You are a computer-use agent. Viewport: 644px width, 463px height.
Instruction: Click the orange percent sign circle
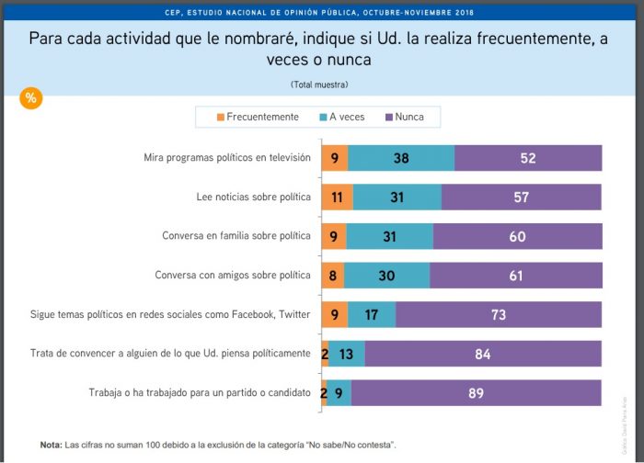point(30,98)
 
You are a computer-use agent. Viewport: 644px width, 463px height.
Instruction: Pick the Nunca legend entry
point(404,117)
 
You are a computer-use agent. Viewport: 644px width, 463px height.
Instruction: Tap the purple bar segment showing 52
point(527,158)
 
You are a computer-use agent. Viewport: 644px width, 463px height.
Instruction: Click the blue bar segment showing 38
point(401,158)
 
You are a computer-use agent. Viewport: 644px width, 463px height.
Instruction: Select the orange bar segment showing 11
point(337,197)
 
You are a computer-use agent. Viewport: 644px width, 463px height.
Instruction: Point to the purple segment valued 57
point(521,197)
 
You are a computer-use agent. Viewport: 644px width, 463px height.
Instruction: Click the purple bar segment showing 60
point(517,236)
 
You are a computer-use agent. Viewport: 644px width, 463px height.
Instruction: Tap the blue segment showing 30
point(386,276)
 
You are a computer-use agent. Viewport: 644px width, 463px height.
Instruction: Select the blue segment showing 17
point(372,314)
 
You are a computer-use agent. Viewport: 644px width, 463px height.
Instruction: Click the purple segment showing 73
point(499,314)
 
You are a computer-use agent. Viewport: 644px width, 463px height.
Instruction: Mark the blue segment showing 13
point(346,354)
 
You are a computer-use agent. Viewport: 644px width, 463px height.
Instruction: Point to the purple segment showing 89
point(477,393)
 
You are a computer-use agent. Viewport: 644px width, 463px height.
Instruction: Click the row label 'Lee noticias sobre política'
point(254,197)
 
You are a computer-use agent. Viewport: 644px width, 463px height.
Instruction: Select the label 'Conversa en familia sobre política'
point(236,236)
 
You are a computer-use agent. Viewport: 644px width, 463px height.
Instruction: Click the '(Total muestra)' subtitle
point(319,85)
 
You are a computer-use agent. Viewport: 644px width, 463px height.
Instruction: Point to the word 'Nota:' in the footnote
point(51,445)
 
